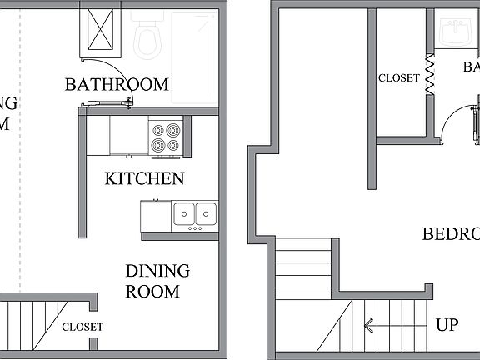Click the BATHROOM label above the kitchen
[x=117, y=84]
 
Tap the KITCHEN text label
[x=144, y=178]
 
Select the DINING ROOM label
[x=157, y=281]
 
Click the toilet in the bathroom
[x=149, y=34]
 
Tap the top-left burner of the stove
[x=157, y=130]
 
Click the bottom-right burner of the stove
[x=172, y=145]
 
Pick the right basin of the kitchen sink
[x=206, y=213]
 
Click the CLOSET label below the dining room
[x=82, y=327]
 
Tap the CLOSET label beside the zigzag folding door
[x=399, y=77]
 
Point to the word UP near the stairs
[x=447, y=324]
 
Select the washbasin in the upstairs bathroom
[x=455, y=33]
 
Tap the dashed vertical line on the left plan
[x=21, y=167]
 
